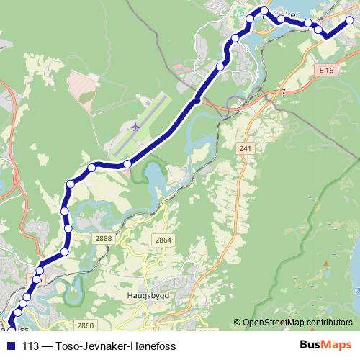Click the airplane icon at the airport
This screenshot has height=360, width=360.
135,127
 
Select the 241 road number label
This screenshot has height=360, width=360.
246,147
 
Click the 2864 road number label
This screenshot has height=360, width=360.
163,240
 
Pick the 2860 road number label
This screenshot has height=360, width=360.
86,325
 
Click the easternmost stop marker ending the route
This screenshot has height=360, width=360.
350,21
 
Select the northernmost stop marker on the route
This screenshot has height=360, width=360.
264,11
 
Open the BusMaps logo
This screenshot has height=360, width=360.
326,346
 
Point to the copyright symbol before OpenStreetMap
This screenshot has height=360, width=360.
237,323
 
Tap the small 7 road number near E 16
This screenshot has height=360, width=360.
284,92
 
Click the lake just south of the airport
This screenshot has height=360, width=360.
153,175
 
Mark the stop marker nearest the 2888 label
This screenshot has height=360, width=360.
68,228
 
